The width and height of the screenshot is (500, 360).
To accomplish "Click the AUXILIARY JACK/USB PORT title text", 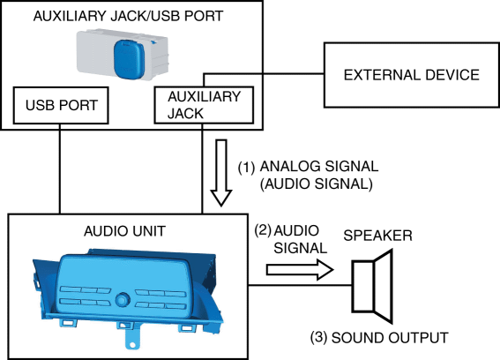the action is tap(128, 16).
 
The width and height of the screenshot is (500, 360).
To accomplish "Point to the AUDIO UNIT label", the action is tap(124, 231).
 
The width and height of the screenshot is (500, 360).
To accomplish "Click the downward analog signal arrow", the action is tap(221, 173).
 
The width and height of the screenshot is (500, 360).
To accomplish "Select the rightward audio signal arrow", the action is tap(300, 270).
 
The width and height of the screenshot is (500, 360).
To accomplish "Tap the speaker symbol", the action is tap(372, 286).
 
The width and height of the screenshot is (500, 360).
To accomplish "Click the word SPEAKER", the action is tap(378, 236).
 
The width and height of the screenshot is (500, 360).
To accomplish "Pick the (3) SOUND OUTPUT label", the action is tap(379, 338).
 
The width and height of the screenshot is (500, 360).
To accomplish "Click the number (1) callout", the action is tap(247, 168).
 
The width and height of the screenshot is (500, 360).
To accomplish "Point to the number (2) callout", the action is tap(263, 230).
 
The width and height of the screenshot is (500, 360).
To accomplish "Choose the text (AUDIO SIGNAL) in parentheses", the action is tap(317, 184).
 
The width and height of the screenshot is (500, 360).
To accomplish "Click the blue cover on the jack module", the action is tap(129, 59).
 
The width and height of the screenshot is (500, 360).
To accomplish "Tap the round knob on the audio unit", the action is tap(121, 300).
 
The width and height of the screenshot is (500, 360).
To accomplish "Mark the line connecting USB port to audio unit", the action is tap(60, 169).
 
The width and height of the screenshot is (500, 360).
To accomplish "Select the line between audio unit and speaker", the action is tap(300, 285).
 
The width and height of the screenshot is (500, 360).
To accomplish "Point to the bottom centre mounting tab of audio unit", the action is tap(132, 337).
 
